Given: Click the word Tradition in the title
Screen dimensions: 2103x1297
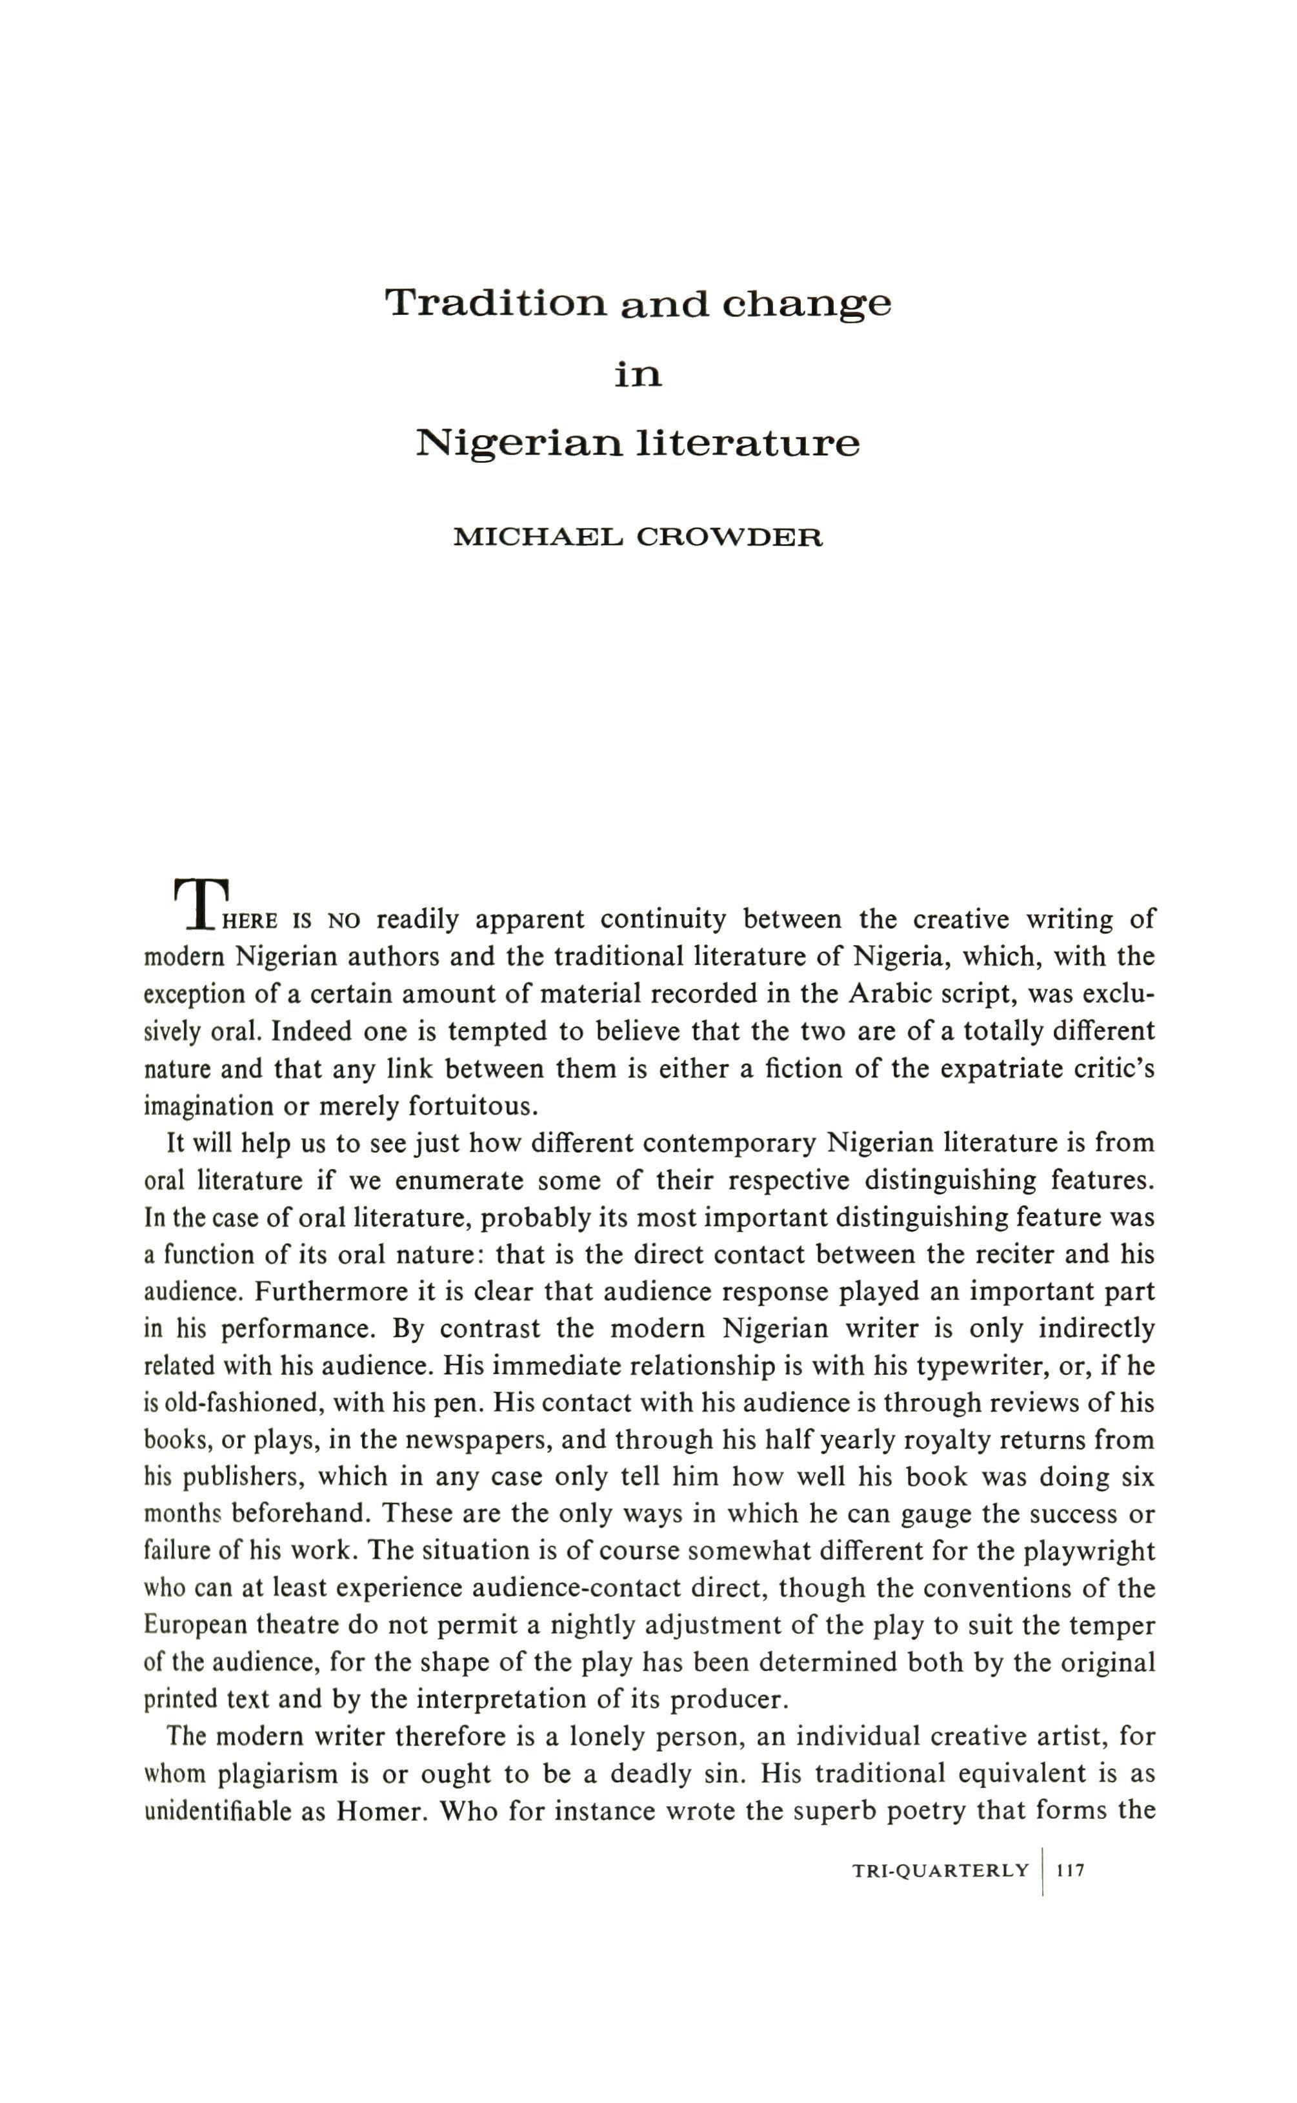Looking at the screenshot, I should click(496, 302).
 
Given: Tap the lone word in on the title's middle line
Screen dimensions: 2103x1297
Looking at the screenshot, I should click(638, 375).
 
